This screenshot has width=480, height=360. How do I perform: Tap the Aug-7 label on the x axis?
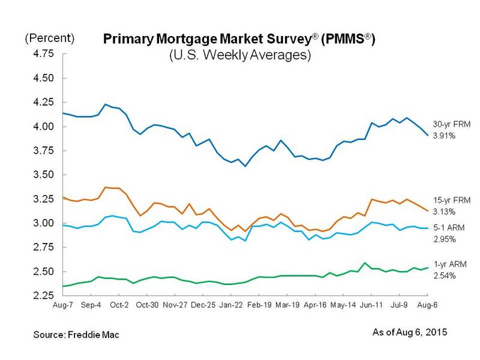(x=63, y=305)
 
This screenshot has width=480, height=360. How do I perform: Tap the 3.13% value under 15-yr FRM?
(x=444, y=212)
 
